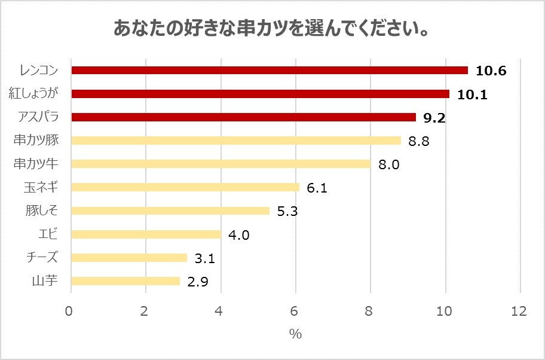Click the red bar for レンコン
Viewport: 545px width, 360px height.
click(x=269, y=71)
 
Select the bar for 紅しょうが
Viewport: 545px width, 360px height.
click(x=260, y=94)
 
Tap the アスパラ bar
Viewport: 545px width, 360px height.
click(x=243, y=117)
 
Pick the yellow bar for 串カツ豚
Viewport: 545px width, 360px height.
click(x=236, y=141)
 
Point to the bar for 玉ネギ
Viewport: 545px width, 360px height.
click(x=185, y=187)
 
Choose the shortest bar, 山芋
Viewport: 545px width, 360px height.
click(x=125, y=281)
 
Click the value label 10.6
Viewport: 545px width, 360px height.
click(x=491, y=71)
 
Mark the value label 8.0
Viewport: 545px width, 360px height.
click(x=389, y=164)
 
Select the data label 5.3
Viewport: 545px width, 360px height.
click(x=288, y=211)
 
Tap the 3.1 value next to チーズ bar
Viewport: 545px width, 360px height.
click(x=206, y=258)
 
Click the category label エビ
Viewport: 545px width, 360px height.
click(x=47, y=234)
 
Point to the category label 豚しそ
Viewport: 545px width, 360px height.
click(x=41, y=210)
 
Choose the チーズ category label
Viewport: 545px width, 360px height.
click(x=42, y=257)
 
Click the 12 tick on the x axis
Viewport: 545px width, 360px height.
click(x=519, y=311)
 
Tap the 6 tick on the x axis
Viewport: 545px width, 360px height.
click(x=296, y=311)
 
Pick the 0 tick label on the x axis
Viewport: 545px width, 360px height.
click(x=71, y=311)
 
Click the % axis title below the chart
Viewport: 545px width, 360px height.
click(x=296, y=334)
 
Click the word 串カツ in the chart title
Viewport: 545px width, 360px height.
click(x=255, y=29)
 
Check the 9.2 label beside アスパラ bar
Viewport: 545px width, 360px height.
click(x=434, y=118)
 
